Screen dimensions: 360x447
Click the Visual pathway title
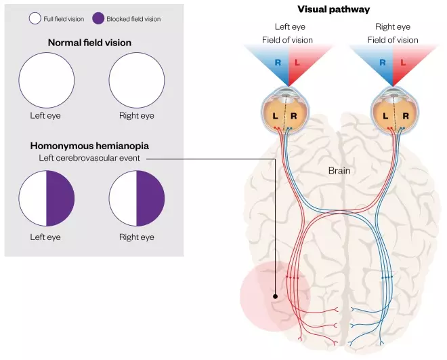click(333, 9)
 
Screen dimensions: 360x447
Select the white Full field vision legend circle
click(36, 18)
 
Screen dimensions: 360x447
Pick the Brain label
click(339, 171)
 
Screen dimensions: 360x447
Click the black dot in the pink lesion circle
click(275, 296)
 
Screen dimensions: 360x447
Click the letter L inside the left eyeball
click(276, 115)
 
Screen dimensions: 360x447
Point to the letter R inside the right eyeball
click(405, 115)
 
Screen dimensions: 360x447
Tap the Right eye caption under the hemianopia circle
click(137, 237)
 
